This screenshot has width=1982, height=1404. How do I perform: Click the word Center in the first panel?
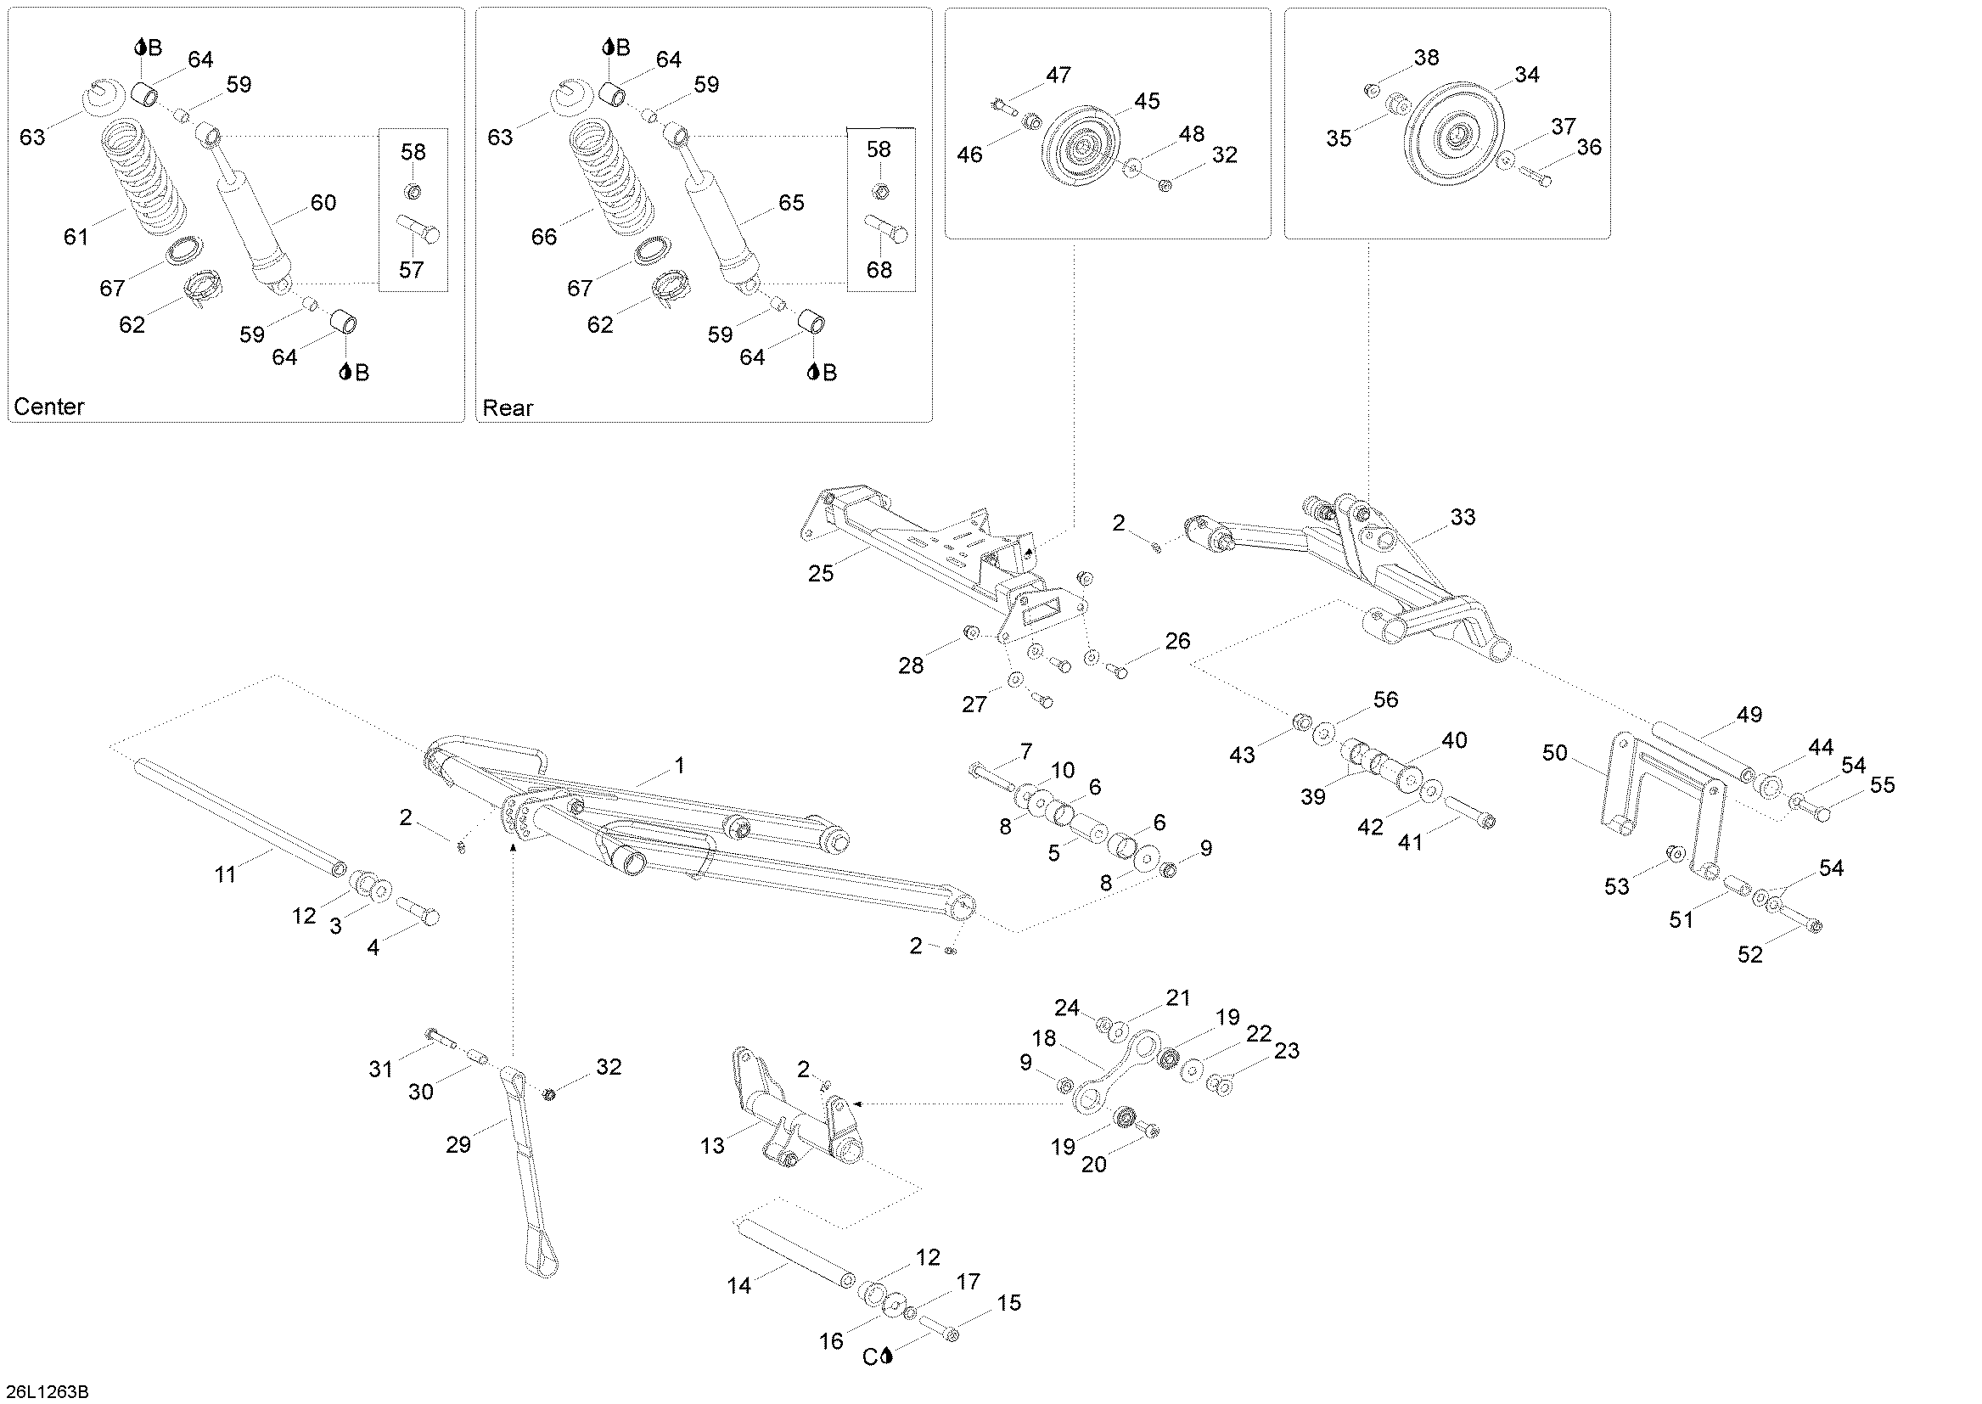(x=49, y=407)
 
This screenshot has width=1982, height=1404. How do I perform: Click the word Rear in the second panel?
(x=508, y=407)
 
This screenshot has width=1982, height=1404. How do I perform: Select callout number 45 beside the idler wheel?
(x=1146, y=101)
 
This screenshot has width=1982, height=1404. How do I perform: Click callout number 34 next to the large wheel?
(x=1526, y=76)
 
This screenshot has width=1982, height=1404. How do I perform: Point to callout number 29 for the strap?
(x=458, y=1144)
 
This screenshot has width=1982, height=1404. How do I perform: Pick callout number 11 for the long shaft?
(x=226, y=875)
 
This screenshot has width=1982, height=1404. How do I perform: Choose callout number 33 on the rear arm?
(x=1463, y=517)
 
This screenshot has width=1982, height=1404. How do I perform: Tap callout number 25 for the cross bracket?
(x=821, y=573)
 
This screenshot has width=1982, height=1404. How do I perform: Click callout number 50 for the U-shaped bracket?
(x=1555, y=753)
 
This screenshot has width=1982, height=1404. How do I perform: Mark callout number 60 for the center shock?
(x=323, y=202)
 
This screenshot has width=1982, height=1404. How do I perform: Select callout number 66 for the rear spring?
(x=544, y=236)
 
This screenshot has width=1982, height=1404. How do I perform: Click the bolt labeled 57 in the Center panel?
(x=419, y=230)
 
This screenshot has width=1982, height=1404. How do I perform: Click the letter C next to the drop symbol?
(x=870, y=1357)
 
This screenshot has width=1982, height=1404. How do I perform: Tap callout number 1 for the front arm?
(x=679, y=765)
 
